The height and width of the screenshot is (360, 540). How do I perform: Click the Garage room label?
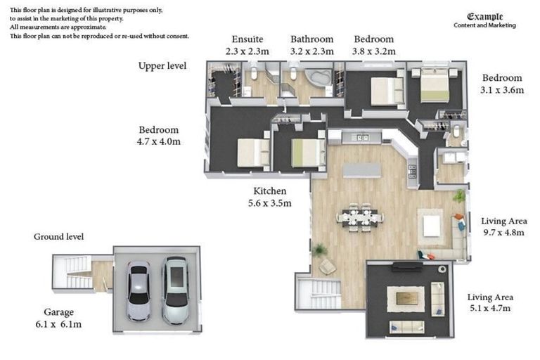click(58, 312)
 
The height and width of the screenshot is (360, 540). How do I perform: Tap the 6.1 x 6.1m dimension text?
click(58, 325)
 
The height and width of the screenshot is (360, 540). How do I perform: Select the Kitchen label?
click(270, 191)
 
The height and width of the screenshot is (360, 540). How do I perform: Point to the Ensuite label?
click(247, 39)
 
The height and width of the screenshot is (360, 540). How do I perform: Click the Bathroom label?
click(312, 39)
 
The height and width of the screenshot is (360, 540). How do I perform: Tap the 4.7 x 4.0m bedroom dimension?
click(159, 141)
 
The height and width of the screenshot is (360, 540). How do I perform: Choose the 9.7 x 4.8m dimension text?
click(503, 233)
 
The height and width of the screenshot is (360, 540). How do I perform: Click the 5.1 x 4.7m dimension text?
click(490, 309)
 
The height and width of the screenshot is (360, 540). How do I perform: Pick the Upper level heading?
click(162, 66)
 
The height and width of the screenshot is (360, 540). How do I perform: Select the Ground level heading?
click(58, 237)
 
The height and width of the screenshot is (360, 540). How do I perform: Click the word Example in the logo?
click(485, 17)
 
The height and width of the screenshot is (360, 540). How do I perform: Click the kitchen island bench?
click(362, 171)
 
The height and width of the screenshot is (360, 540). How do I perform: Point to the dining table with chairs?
click(360, 218)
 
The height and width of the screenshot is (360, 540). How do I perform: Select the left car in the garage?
click(138, 291)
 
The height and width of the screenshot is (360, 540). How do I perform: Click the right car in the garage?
click(175, 290)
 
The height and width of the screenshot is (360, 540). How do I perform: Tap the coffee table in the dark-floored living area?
click(406, 299)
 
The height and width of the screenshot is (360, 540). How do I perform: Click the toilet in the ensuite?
click(254, 72)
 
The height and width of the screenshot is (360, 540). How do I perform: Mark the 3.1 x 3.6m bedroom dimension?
click(502, 90)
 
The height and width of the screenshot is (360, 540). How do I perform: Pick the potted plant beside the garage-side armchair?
click(320, 250)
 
